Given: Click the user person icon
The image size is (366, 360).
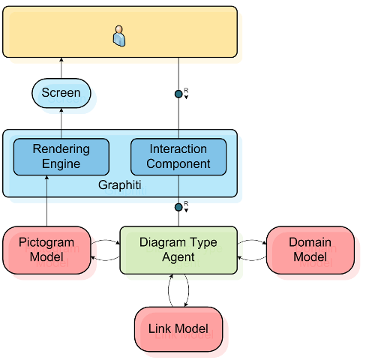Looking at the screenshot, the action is pyautogui.click(x=119, y=36).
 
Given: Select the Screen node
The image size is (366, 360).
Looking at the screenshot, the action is pyautogui.click(x=61, y=93).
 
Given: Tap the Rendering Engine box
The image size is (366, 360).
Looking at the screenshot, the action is pyautogui.click(x=61, y=157).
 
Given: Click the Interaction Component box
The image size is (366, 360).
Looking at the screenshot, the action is pyautogui.click(x=178, y=157).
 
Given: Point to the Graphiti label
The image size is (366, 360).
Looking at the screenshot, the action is pyautogui.click(x=120, y=185).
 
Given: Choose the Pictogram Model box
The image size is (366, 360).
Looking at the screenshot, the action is pyautogui.click(x=46, y=250).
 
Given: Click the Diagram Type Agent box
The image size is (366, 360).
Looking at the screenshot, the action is pyautogui.click(x=178, y=250).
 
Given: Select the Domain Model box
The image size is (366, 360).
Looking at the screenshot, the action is pyautogui.click(x=310, y=250).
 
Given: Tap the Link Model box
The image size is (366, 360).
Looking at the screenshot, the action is pyautogui.click(x=178, y=329).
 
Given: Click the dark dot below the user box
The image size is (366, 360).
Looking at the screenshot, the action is pyautogui.click(x=178, y=94).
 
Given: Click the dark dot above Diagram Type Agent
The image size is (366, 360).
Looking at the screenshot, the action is pyautogui.click(x=178, y=207).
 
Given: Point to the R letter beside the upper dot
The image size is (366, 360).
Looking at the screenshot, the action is pyautogui.click(x=186, y=90).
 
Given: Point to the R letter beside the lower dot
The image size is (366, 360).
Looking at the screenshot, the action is pyautogui.click(x=186, y=203).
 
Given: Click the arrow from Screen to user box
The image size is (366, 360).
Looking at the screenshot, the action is pyautogui.click(x=61, y=68).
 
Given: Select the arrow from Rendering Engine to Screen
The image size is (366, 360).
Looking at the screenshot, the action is pyautogui.click(x=61, y=123).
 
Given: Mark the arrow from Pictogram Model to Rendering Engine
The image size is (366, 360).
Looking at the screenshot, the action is pyautogui.click(x=46, y=201).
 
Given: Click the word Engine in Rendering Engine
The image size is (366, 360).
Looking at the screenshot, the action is pyautogui.click(x=61, y=164).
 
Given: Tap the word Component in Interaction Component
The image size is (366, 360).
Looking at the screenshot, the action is pyautogui.click(x=178, y=164).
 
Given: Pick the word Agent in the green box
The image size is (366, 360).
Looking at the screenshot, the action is pyautogui.click(x=178, y=257).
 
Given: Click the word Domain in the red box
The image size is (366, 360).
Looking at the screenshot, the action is pyautogui.click(x=310, y=242).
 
